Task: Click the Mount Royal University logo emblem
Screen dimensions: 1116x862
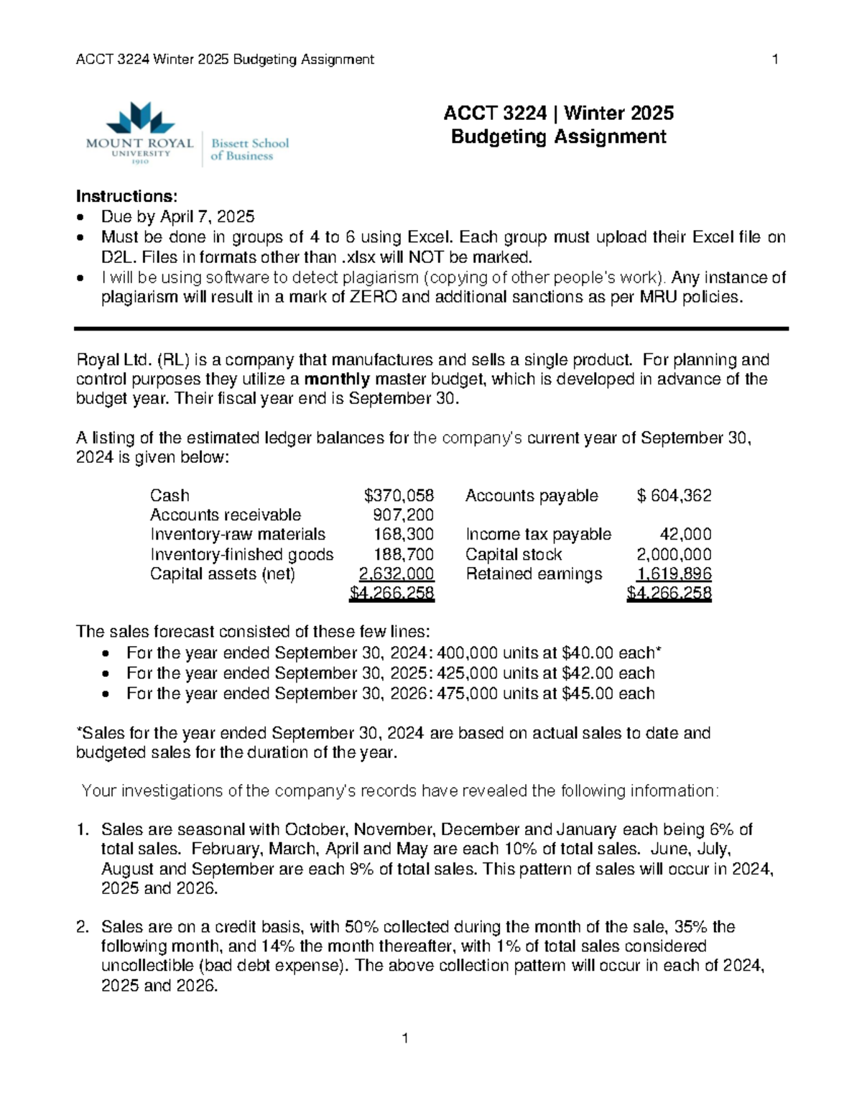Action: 140,118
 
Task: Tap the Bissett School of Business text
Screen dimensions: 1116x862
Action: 249,149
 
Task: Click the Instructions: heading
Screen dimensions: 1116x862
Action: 126,197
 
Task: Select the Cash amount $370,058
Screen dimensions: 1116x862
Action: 399,495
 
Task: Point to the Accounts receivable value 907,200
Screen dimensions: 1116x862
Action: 403,515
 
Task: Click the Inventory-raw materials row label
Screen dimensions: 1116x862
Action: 237,534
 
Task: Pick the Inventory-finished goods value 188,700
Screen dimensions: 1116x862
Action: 403,554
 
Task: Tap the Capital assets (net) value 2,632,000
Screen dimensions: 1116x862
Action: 396,573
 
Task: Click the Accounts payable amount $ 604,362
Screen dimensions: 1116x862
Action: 674,495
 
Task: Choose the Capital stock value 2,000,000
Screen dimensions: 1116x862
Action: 674,554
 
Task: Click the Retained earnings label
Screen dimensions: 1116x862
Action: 534,573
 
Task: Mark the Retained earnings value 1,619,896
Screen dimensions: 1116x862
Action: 674,573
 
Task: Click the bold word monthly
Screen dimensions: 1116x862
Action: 337,379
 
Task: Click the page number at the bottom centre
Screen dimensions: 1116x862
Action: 405,1038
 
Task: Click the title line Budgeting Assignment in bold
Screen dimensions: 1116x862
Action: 558,137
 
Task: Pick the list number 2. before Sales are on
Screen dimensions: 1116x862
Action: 83,927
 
